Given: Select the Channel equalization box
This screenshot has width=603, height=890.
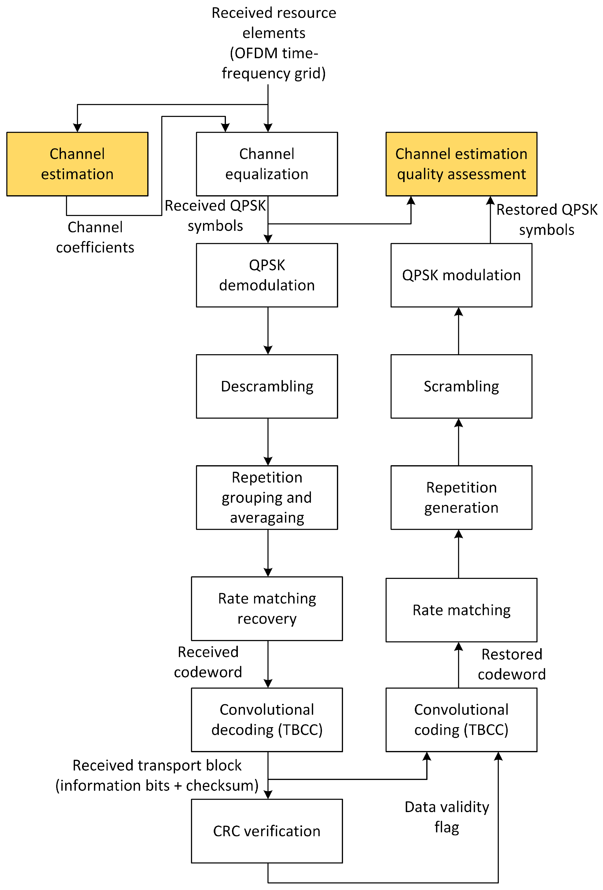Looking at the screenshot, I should tap(267, 164).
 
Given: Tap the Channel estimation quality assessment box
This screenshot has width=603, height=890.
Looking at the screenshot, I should tap(461, 164).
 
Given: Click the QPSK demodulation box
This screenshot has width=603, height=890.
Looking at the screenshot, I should tap(267, 275).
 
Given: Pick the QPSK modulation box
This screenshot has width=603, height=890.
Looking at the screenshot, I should tap(461, 275).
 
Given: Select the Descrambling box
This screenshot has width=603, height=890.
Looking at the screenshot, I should tap(267, 386).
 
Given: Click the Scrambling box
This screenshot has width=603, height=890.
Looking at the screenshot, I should tap(461, 386).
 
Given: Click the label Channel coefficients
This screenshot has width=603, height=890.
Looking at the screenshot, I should tap(95, 237).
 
